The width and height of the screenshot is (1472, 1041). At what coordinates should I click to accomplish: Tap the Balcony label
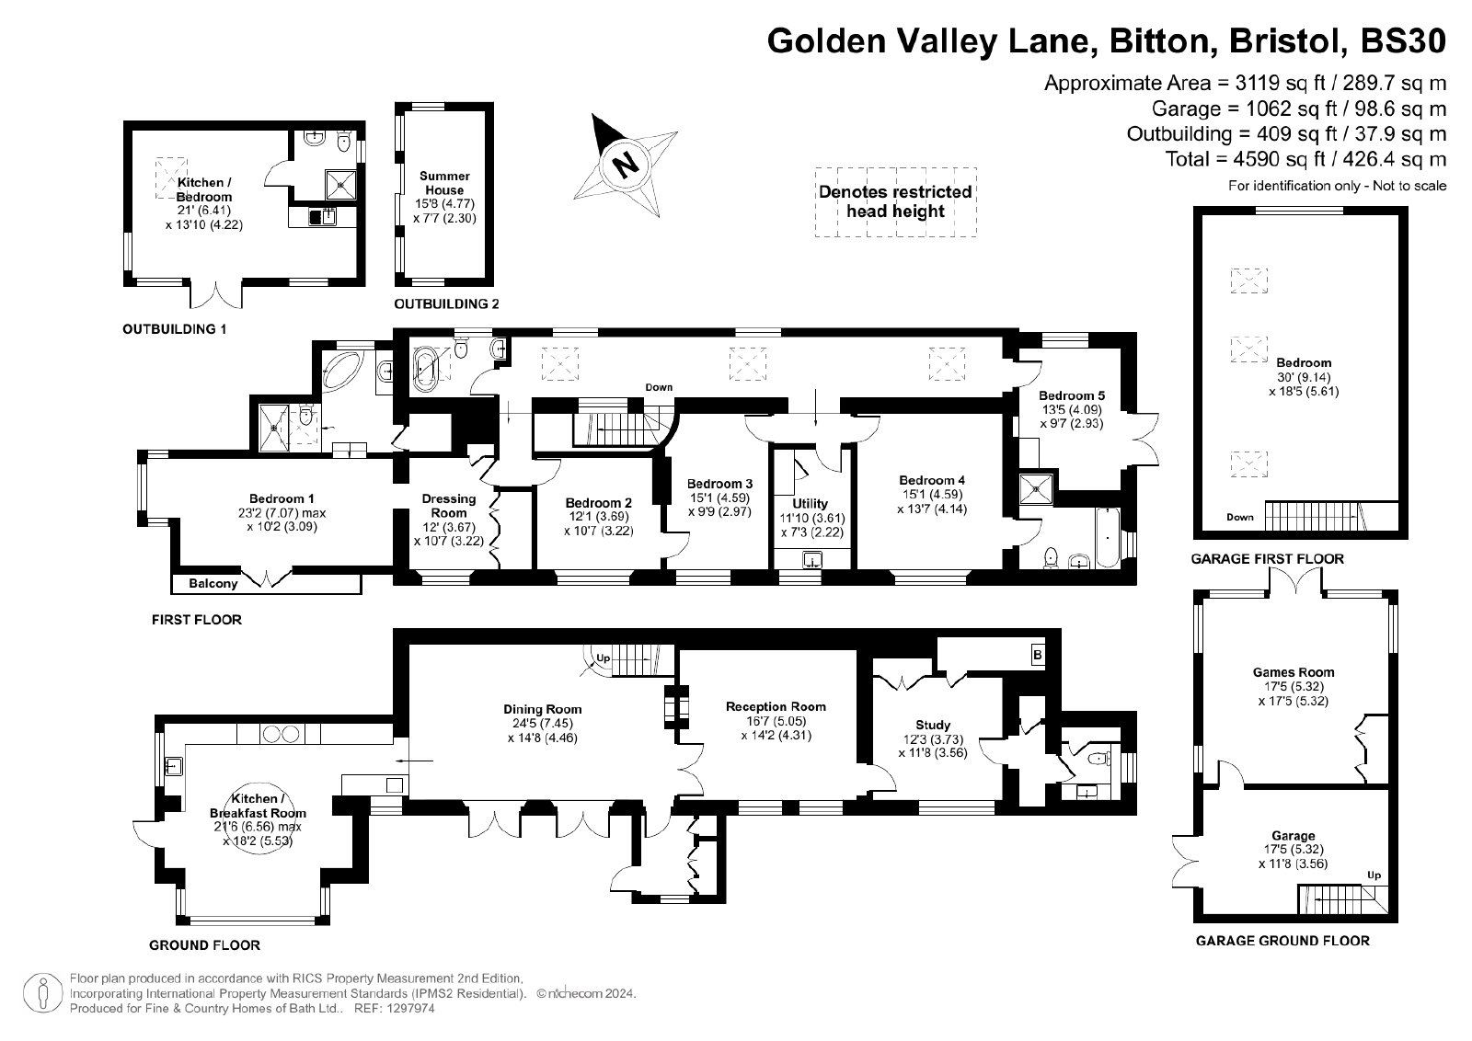213,583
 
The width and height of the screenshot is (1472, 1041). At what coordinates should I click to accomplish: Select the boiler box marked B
1037,655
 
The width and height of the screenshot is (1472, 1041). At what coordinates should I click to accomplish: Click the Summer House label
444,183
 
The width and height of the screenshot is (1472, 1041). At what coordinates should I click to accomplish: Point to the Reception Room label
776,706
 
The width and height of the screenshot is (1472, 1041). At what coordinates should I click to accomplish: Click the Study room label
933,725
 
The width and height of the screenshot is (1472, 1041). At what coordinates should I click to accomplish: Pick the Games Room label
1294,672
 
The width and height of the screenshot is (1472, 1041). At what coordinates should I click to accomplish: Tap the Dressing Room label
449,506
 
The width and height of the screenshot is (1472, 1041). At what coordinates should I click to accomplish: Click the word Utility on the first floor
810,503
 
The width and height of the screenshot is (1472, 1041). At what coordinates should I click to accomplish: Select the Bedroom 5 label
1072,395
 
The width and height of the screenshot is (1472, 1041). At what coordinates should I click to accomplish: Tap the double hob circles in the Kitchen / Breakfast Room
282,734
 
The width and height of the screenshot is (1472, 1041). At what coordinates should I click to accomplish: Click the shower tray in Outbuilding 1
341,185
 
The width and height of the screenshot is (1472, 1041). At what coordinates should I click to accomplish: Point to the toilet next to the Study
1098,760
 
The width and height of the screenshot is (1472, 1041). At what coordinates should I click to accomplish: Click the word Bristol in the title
1281,40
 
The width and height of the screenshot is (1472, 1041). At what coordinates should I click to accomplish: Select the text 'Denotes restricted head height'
895,201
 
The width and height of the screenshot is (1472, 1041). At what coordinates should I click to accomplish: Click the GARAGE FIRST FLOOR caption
1268,559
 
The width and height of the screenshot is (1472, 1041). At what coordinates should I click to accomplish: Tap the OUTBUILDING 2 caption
446,303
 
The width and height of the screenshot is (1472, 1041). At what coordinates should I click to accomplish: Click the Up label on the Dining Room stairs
604,658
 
